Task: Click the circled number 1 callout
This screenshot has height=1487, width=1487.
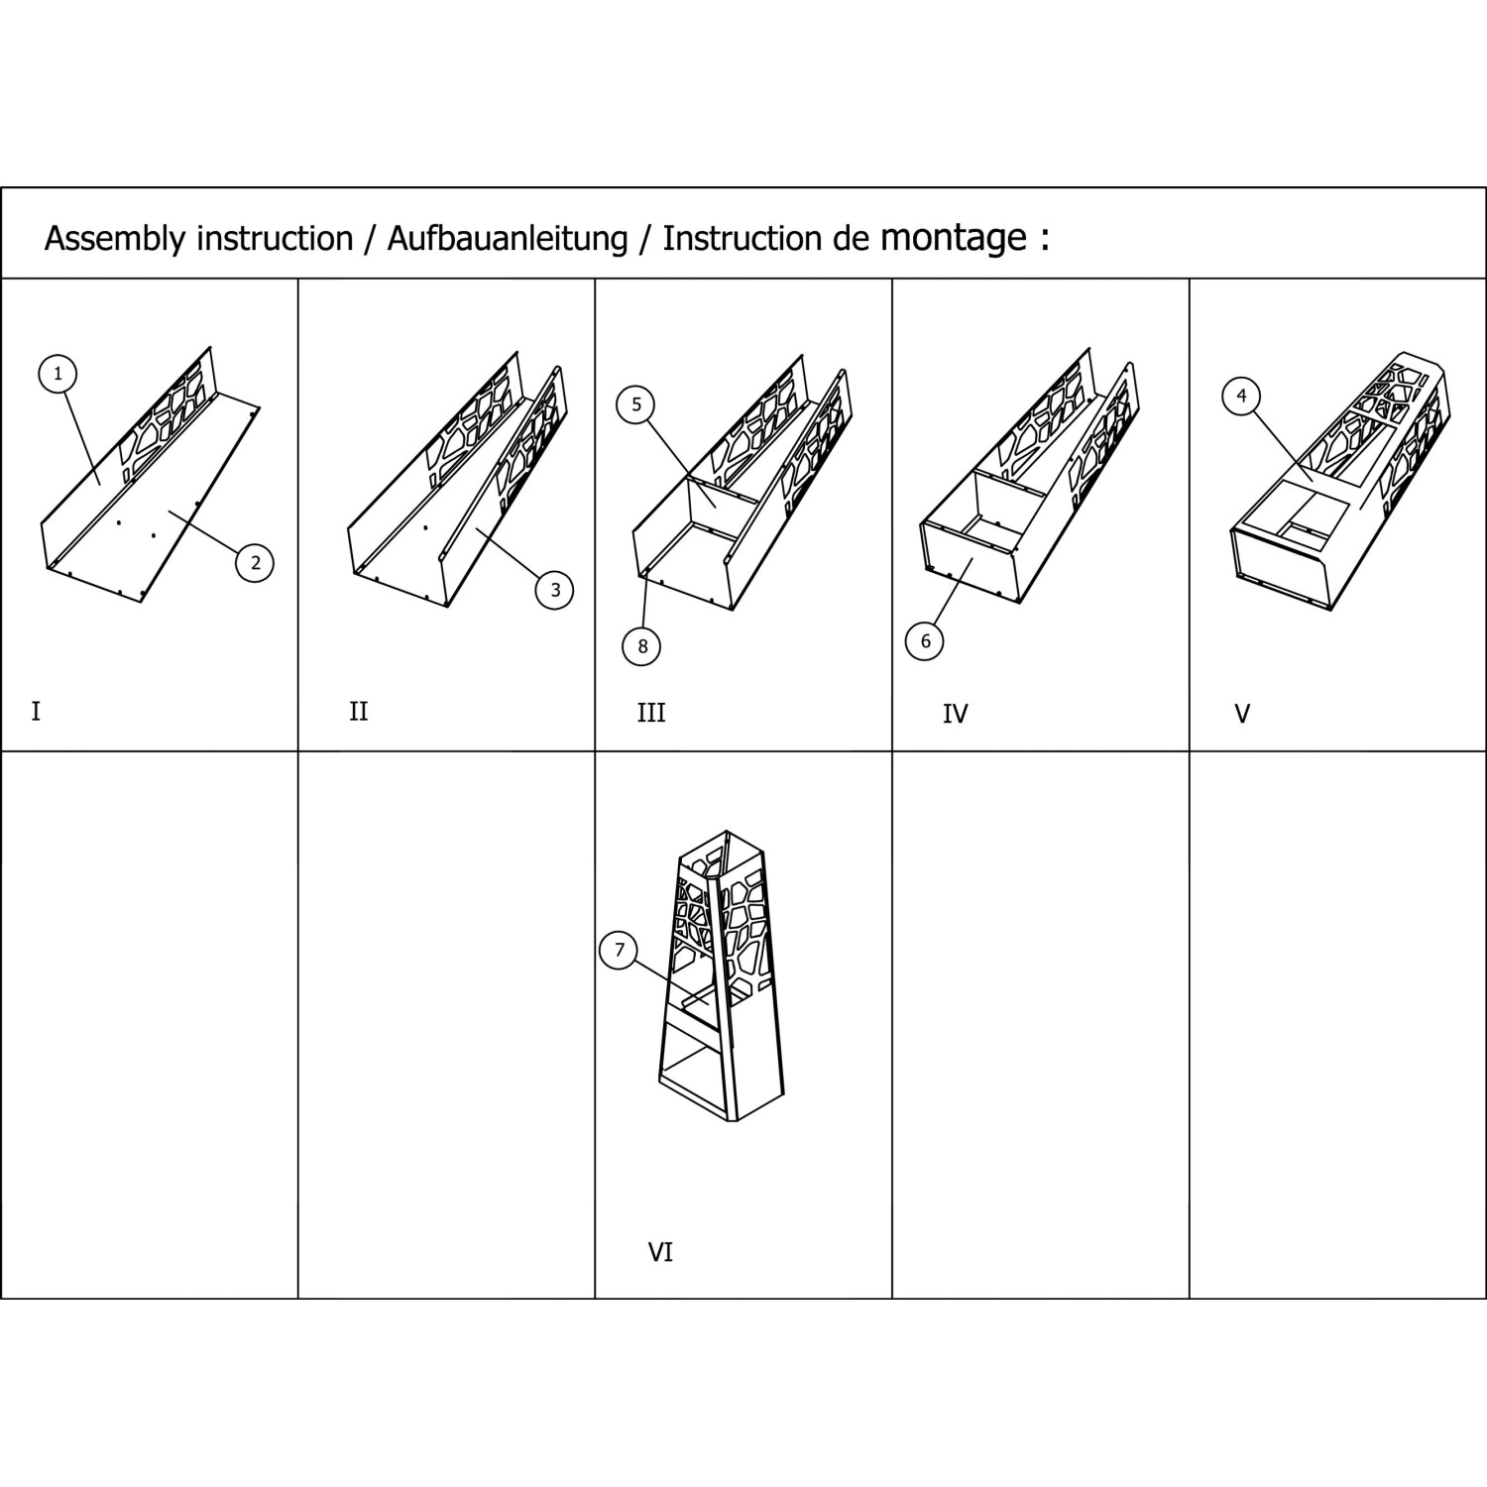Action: point(57,374)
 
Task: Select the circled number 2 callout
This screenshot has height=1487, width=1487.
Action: point(255,563)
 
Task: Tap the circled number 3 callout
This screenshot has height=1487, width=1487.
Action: point(554,590)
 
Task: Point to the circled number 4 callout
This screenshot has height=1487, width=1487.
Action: point(1241,397)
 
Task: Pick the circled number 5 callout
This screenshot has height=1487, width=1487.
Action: point(635,404)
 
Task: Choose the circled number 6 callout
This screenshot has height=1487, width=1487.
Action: point(925,640)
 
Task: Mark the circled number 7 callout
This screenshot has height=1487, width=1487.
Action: point(620,951)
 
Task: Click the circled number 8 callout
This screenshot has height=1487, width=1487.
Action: point(642,646)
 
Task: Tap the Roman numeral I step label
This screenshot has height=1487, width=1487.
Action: point(36,712)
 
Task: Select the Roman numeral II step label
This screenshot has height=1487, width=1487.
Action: point(358,712)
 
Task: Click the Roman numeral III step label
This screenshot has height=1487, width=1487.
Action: point(651,713)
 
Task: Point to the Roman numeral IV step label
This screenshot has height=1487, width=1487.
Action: point(955,714)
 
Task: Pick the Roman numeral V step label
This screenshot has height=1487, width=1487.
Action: point(1242,714)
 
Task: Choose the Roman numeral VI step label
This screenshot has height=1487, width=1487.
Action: point(660,1253)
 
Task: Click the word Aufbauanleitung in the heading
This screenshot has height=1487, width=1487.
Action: point(507,239)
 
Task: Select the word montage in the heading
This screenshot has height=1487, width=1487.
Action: point(953,239)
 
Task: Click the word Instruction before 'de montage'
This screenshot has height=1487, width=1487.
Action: point(743,239)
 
